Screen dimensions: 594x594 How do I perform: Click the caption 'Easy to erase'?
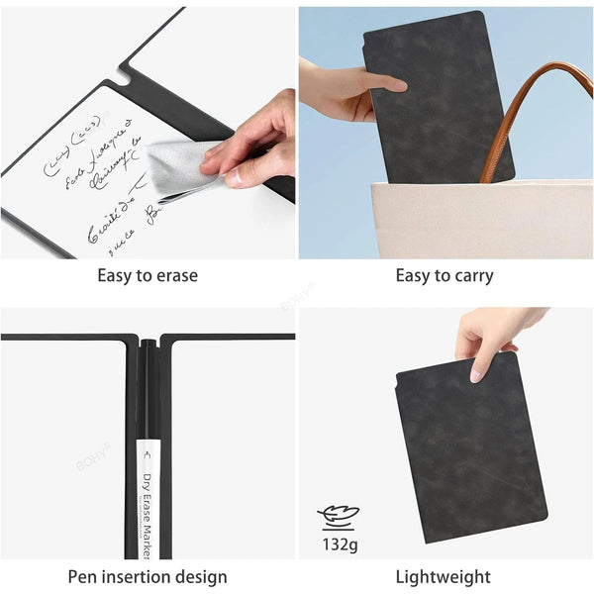148,275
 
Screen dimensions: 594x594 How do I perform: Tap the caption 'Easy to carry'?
445,275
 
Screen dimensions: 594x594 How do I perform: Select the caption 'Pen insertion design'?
148,576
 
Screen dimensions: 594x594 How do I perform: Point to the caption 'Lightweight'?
444,576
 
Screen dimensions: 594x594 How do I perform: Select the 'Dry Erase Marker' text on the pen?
148,505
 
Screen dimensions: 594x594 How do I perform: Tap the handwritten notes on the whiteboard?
94,183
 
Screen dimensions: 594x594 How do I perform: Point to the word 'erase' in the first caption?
174,275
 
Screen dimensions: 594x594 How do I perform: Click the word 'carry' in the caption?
471,276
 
